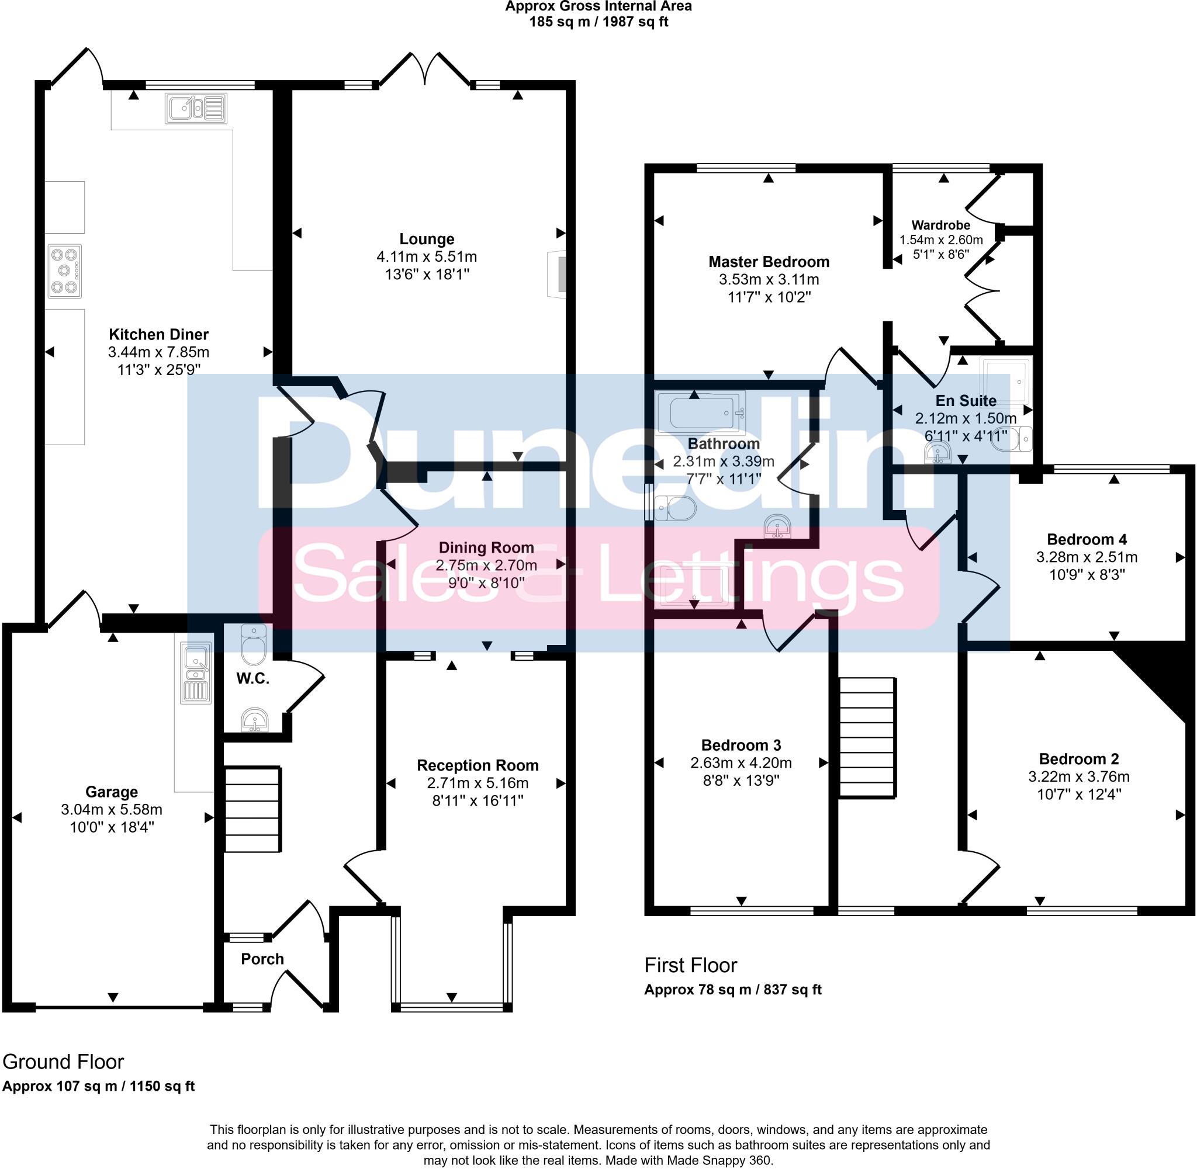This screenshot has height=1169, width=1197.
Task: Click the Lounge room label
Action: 426,239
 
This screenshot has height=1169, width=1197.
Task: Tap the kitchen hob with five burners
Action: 64,272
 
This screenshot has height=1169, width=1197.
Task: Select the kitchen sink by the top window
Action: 195,109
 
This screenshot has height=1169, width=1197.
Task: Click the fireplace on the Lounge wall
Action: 558,275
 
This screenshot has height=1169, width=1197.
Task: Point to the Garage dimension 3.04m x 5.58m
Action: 111,809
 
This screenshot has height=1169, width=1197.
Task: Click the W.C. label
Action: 252,678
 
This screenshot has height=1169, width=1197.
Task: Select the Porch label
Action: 262,959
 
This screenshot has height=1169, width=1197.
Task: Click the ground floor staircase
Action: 252,809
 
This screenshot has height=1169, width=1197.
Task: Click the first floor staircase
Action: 867,737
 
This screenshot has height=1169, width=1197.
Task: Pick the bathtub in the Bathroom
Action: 700,412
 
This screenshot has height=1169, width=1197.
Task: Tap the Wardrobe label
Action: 940,226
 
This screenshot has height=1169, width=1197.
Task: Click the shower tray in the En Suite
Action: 1006,381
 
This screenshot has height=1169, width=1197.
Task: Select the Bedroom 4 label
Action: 1087,539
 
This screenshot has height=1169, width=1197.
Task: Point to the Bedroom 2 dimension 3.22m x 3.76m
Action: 1078,776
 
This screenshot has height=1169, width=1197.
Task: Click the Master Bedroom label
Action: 769,262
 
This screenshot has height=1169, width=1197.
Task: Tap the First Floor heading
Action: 690,965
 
